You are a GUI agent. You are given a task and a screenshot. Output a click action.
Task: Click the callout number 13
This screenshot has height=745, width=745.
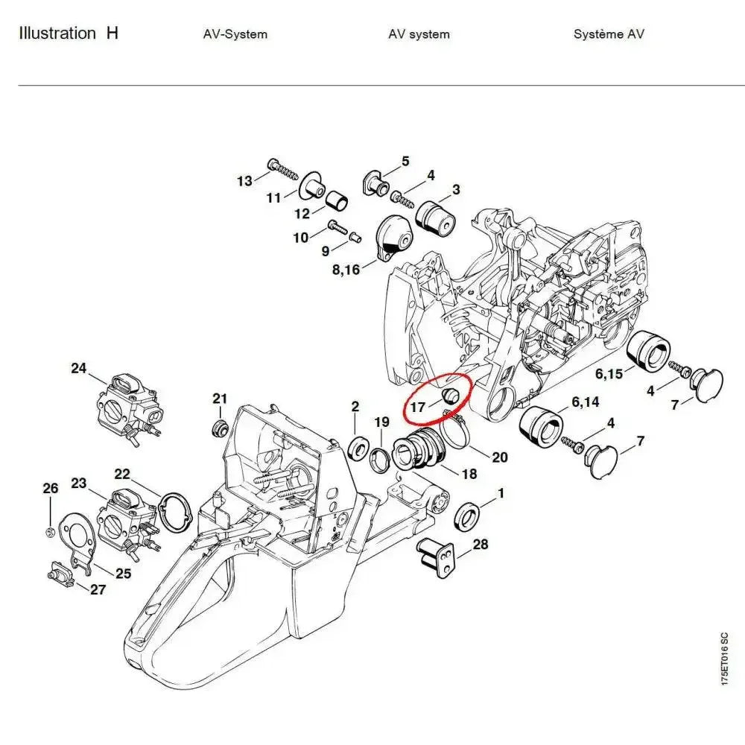(244, 180)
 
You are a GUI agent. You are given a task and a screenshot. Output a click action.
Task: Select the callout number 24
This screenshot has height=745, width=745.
(79, 368)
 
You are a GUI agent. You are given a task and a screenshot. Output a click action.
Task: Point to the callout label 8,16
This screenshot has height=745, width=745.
(346, 269)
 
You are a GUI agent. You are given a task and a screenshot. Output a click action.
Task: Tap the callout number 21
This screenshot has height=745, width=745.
(219, 399)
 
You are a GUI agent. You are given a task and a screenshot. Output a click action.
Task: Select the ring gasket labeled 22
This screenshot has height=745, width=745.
(176, 513)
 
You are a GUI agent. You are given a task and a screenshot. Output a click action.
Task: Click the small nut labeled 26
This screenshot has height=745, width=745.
(49, 530)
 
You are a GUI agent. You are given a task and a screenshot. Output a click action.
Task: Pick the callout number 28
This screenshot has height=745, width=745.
(481, 545)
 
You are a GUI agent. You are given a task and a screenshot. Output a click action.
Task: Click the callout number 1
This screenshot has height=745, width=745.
(501, 493)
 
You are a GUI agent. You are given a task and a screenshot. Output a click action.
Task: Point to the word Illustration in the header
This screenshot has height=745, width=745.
(57, 34)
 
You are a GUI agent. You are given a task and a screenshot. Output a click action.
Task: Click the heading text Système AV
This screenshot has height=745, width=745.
(609, 34)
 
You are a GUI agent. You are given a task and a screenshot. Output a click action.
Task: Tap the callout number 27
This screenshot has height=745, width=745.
(98, 590)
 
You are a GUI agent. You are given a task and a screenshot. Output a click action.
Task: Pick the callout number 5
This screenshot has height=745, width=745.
(405, 161)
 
